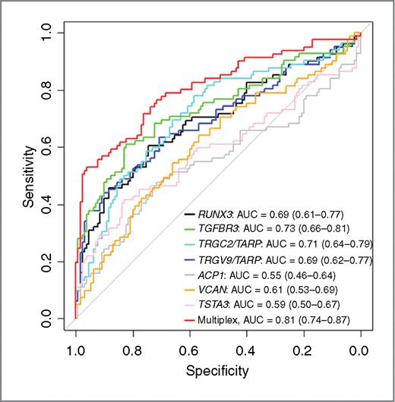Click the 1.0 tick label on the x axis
[x=75, y=350]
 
